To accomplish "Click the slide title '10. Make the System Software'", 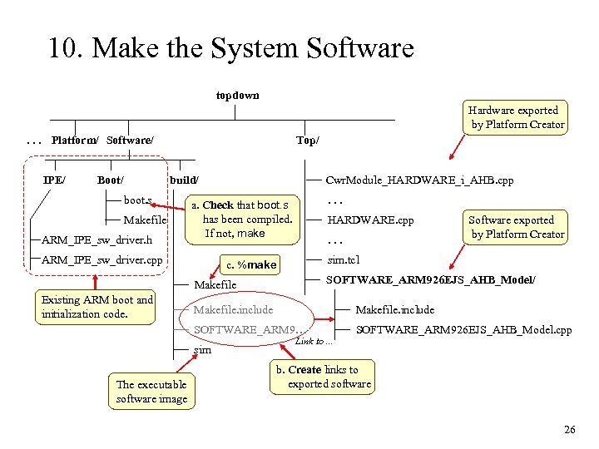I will [230, 48].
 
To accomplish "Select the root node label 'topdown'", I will [237, 95].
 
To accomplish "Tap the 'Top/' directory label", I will [308, 141].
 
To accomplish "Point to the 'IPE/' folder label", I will [55, 180].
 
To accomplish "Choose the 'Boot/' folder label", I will [111, 180].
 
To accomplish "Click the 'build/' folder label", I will [184, 180].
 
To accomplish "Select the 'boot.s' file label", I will [138, 200].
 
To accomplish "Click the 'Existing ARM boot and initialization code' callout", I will [98, 307].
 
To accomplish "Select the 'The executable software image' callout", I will [152, 392].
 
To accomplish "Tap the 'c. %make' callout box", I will [251, 265].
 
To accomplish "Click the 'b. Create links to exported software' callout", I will [323, 377].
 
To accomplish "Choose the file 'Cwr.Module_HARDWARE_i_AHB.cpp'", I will [420, 180].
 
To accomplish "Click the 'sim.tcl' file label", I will [343, 259].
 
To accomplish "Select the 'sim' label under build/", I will [202, 350].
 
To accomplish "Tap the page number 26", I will [569, 430].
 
